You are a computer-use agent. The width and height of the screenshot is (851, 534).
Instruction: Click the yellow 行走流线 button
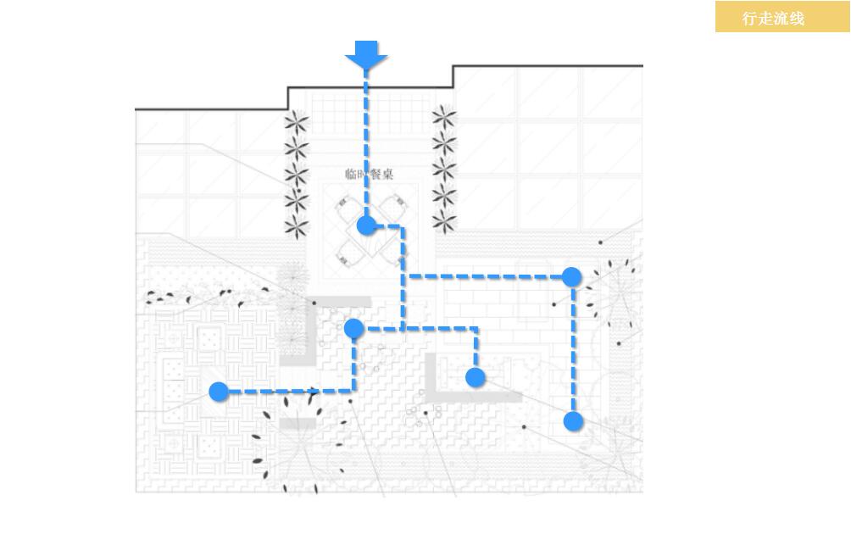(773, 18)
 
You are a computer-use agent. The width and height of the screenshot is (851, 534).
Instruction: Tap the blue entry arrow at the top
(366, 55)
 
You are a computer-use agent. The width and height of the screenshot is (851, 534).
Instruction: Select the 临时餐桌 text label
(369, 175)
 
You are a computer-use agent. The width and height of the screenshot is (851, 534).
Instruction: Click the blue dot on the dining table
(366, 225)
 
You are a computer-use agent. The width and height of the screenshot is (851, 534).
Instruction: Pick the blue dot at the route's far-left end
(219, 392)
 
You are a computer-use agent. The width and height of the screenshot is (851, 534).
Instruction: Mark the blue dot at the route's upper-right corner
(572, 276)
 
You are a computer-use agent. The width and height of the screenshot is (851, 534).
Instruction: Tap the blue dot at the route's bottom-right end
(574, 421)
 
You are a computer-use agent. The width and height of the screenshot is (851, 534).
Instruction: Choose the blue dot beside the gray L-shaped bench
(476, 377)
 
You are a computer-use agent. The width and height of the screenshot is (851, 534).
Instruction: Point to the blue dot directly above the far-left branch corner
(354, 328)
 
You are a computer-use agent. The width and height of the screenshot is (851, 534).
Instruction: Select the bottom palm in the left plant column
(297, 226)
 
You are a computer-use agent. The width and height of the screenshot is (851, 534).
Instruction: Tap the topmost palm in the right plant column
(444, 118)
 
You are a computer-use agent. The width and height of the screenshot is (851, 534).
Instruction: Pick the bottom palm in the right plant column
(444, 222)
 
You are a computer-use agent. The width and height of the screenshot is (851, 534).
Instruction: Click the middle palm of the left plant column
(297, 175)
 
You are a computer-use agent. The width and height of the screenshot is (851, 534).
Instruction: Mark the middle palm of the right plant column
(444, 170)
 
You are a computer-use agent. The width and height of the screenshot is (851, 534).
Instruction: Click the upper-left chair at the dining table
(347, 207)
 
